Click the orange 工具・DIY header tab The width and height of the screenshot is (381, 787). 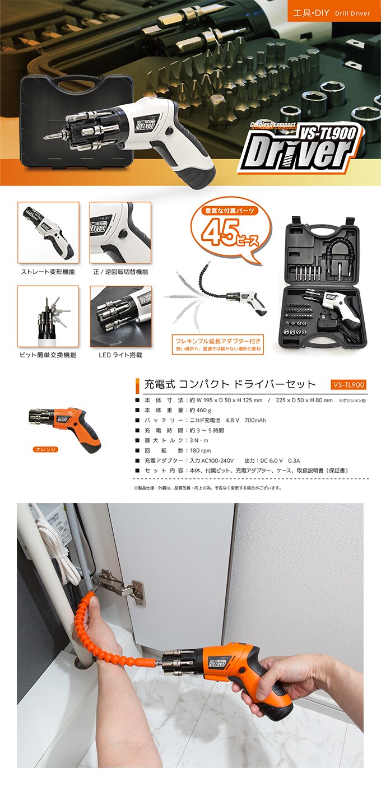(x=334, y=12)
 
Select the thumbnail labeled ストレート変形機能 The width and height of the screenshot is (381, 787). (x=48, y=232)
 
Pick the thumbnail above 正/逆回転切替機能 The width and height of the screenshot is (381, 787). (x=120, y=232)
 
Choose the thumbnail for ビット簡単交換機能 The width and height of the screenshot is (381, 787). (x=48, y=316)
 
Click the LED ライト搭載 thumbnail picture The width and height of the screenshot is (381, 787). (x=120, y=316)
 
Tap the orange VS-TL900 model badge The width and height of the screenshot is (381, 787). (x=348, y=385)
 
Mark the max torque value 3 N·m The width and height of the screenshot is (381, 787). (x=201, y=440)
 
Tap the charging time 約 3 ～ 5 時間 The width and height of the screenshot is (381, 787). (x=207, y=430)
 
